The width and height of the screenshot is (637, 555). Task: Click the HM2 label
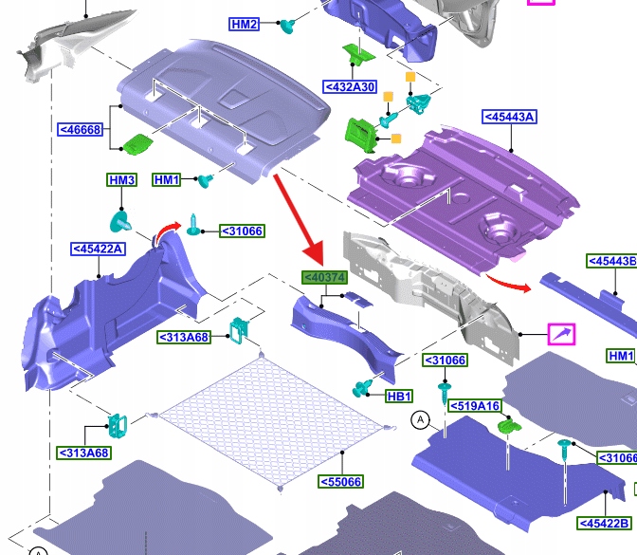pyautogui.click(x=244, y=24)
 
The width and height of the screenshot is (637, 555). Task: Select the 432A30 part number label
pyautogui.click(x=350, y=87)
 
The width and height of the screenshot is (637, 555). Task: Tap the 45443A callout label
pyautogui.click(x=509, y=117)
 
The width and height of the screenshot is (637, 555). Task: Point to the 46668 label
pyautogui.click(x=80, y=129)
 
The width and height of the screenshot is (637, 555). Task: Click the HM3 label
pyautogui.click(x=121, y=180)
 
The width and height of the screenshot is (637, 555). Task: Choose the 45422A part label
pyautogui.click(x=97, y=250)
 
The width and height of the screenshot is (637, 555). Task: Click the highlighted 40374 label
pyautogui.click(x=324, y=277)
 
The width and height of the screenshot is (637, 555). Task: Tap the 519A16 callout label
pyautogui.click(x=475, y=406)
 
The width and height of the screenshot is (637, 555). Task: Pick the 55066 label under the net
pyautogui.click(x=340, y=481)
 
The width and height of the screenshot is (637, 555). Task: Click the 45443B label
pyautogui.click(x=611, y=261)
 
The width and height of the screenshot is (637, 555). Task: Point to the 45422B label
pyautogui.click(x=604, y=523)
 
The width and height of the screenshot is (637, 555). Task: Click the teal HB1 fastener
pyautogui.click(x=361, y=388)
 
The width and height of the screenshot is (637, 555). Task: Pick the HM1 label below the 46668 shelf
pyautogui.click(x=166, y=180)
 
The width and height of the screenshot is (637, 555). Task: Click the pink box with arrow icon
pyautogui.click(x=561, y=333)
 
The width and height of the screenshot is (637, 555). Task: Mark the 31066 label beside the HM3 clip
pyautogui.click(x=242, y=231)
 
